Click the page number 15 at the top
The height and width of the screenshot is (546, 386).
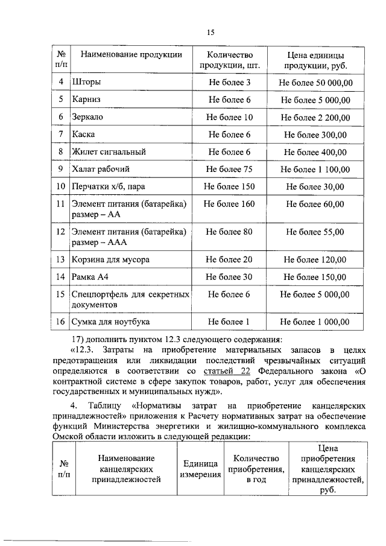pos(210,32)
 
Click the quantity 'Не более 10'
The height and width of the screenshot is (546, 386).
pos(229,117)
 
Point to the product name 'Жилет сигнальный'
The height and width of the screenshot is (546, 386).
pos(109,152)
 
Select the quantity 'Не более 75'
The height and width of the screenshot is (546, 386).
pos(229,170)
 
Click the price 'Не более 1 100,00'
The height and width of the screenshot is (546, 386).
pos(315,170)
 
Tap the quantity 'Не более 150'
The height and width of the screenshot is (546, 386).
pos(229,187)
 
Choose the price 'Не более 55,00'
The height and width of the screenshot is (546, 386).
pos(315,231)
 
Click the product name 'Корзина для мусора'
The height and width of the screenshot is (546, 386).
pos(110,260)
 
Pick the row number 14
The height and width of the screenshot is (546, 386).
pos(60,278)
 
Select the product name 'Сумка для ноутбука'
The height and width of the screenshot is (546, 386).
pos(110,322)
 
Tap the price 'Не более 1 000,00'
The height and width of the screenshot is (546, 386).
pos(315,322)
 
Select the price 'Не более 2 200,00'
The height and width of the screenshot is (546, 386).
pos(315,117)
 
